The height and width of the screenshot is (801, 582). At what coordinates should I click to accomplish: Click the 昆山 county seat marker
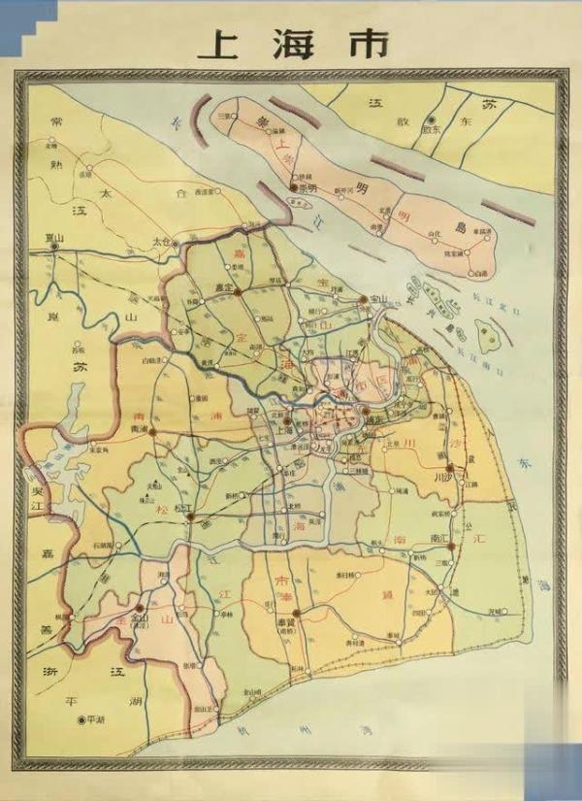(54, 247)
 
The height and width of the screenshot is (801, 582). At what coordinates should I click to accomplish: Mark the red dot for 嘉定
(237, 289)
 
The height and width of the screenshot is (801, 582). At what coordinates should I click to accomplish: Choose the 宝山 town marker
(362, 298)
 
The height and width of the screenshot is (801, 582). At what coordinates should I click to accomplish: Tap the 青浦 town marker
(152, 429)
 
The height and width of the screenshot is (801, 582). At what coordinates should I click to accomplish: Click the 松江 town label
(179, 518)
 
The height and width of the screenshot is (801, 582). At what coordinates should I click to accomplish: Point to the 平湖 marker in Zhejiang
(81, 719)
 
